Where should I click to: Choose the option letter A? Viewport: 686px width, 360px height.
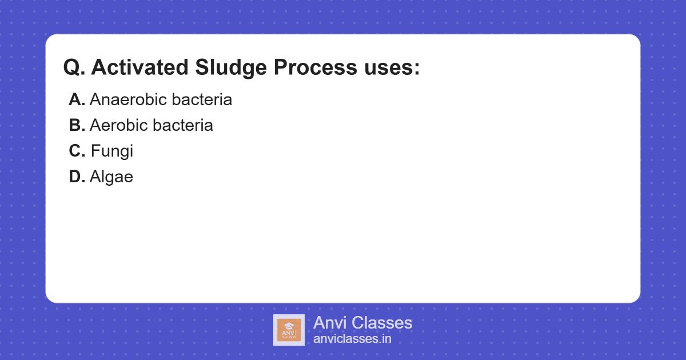coord(77,99)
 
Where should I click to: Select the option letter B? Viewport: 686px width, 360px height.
coord(77,125)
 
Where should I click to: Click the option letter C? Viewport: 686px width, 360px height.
coord(77,151)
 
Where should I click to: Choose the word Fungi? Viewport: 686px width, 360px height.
coord(112,151)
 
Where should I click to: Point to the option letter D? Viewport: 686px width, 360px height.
coord(77,177)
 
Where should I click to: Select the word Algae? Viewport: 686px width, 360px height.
coord(111,177)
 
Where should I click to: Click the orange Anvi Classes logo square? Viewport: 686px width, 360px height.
coord(289,330)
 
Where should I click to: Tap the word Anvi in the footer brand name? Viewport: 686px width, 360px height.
coord(330,323)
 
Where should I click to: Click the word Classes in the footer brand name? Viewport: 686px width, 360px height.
coord(381,323)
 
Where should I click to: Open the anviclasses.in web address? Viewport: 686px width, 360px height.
coord(352,339)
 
